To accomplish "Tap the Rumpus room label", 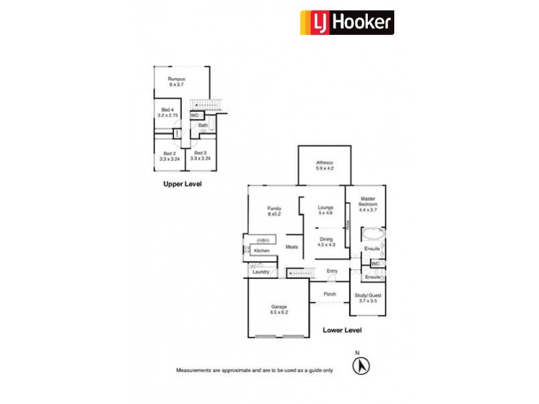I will (x=177, y=82).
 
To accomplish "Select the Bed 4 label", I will (x=168, y=112).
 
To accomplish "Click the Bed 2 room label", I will (x=170, y=156).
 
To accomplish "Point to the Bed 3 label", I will (x=200, y=156).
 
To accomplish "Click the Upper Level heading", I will (x=182, y=184).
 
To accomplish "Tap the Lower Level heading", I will (x=342, y=330).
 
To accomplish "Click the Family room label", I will (x=274, y=211).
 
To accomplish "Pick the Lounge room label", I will (x=325, y=210).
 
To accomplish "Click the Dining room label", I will (x=325, y=242).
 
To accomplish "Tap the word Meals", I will (x=292, y=246).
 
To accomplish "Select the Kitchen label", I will (x=262, y=251).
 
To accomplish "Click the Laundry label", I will (x=261, y=272).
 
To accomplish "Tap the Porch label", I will (x=329, y=294).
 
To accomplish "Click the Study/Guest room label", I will (x=367, y=298).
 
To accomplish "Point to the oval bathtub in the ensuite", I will (x=373, y=236).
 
